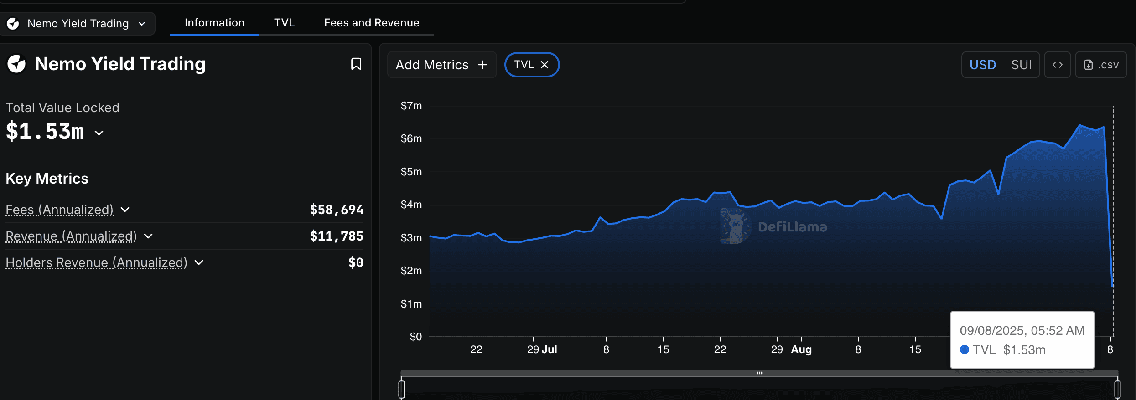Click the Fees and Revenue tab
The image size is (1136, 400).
tap(371, 23)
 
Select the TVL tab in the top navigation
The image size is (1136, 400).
tap(284, 23)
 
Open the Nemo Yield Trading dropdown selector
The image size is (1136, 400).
tap(78, 24)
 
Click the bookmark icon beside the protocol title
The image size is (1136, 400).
tap(356, 64)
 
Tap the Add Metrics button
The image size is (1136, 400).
tap(441, 65)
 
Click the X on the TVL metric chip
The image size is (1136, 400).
tap(545, 65)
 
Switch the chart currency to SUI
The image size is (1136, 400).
tap(1021, 65)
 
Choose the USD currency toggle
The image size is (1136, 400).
tap(982, 65)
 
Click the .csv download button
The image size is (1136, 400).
tap(1101, 65)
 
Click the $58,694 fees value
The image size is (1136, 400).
tap(337, 210)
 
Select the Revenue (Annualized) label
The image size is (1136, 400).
tap(71, 236)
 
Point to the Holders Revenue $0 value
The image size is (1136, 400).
tap(356, 262)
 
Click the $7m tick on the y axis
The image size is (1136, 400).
tap(411, 106)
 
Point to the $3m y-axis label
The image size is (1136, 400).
tap(411, 238)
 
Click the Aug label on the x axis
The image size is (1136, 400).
tap(801, 349)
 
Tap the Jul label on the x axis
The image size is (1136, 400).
tap(549, 349)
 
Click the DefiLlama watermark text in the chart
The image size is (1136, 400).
tap(792, 227)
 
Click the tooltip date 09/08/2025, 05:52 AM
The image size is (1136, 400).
tap(1022, 330)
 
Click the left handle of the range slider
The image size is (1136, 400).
tap(401, 389)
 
